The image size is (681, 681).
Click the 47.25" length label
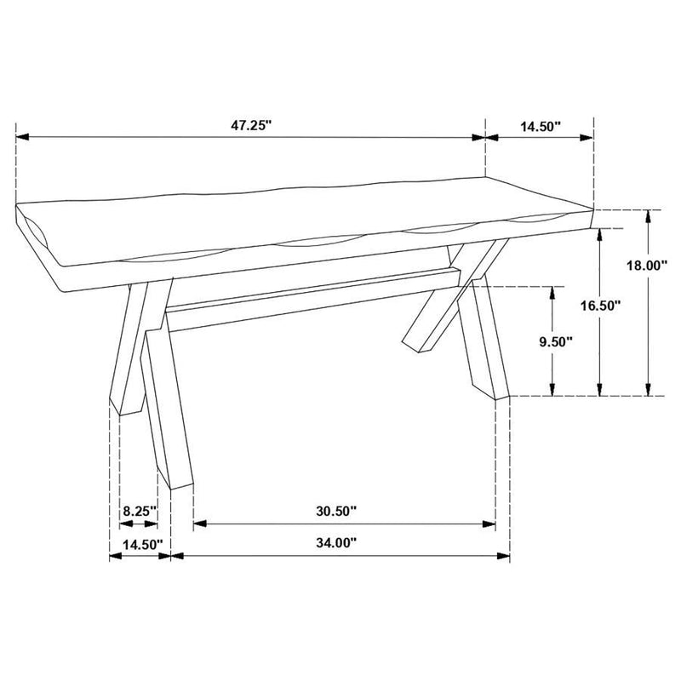coord(249,125)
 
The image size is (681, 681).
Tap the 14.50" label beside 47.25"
coord(540,126)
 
